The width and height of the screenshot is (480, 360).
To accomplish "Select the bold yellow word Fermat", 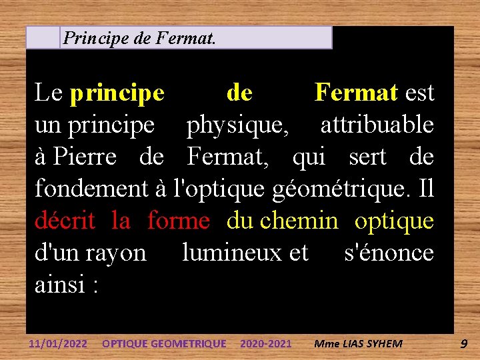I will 356,93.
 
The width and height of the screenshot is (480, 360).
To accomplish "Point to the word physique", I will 237,125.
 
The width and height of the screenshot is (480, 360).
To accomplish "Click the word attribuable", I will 377,125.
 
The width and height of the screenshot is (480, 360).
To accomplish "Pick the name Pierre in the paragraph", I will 85,157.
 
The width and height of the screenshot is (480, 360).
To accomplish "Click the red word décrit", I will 65,221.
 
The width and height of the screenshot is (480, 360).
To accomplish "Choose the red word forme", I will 178,221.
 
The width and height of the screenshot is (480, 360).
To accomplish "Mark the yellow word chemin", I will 299,221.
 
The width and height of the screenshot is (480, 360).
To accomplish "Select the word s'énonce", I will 388,253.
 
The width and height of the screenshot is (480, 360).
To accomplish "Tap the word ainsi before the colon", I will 61,285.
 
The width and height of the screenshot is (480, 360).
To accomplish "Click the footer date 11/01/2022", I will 58,344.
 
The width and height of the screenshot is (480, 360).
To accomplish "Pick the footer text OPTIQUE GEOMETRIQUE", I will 163,344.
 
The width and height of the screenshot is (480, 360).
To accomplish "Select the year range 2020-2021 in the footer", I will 265,344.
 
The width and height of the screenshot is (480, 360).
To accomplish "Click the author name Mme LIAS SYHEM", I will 358,344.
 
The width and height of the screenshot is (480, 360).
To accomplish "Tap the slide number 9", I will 463,344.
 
